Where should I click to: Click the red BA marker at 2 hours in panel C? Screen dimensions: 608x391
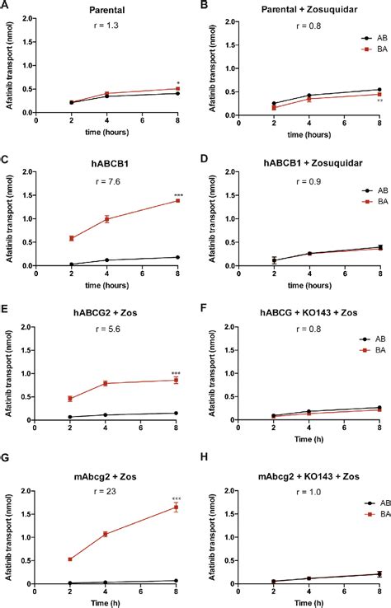click(x=71, y=238)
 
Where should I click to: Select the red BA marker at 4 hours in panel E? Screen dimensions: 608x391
click(x=106, y=383)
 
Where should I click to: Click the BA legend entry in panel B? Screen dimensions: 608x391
click(x=376, y=49)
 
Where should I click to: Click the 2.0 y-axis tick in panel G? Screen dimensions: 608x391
click(x=26, y=492)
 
